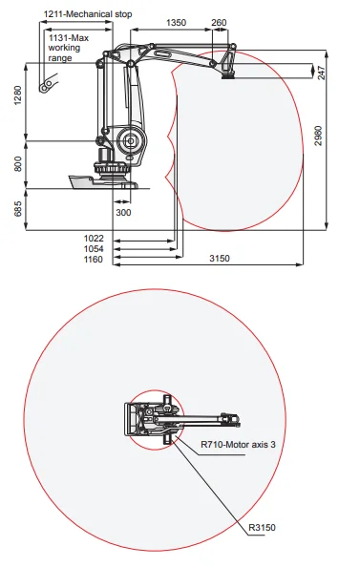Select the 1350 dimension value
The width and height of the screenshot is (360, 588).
pos(176,22)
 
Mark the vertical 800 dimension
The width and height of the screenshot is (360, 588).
pos(19,164)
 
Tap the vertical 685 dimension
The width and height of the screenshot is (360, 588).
pos(19,209)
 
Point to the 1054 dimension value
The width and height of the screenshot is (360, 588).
pos(93,248)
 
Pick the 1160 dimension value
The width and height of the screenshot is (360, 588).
pos(93,259)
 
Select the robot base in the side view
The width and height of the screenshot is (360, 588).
pos(112,176)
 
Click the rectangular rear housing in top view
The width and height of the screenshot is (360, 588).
pos(130,419)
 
